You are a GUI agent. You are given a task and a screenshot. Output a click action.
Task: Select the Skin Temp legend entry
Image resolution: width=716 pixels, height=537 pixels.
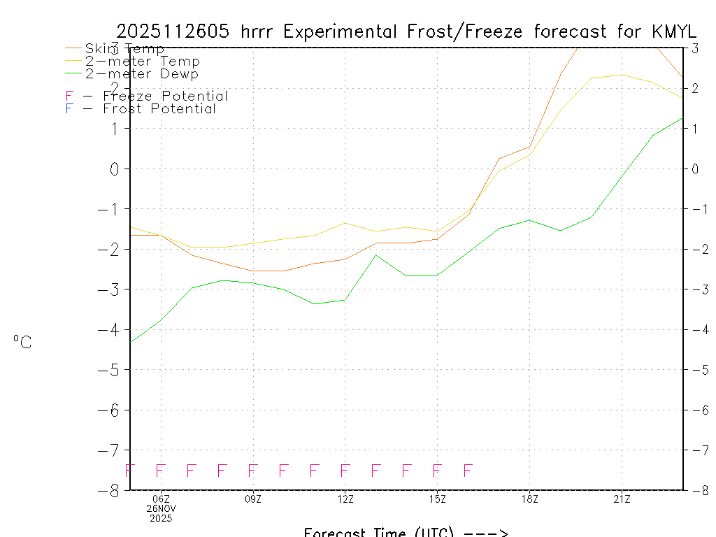tap(124, 49)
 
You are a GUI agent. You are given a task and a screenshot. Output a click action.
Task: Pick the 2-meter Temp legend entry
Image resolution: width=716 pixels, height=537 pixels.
tap(142, 62)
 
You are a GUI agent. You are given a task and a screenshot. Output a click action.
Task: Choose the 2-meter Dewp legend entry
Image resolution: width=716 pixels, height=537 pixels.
tap(142, 74)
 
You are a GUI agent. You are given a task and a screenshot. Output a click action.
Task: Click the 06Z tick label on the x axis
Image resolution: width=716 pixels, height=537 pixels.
tap(162, 499)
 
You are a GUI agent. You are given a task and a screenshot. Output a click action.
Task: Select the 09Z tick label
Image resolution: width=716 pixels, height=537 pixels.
tap(253, 499)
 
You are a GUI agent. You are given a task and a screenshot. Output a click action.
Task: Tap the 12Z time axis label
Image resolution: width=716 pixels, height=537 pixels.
tap(345, 499)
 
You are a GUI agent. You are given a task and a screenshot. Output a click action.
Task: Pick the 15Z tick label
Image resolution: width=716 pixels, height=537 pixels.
tap(437, 499)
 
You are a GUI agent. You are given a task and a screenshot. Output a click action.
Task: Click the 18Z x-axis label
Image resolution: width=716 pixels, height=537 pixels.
tap(529, 499)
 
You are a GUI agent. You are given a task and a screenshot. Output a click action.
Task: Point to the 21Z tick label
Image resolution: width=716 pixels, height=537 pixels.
tap(622, 499)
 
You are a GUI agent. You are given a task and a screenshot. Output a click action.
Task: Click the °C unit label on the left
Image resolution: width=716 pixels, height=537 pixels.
tap(22, 342)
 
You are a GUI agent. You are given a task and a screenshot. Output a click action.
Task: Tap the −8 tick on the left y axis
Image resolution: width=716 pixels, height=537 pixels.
tap(113, 490)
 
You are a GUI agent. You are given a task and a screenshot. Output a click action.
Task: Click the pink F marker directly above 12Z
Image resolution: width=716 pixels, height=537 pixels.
tap(345, 470)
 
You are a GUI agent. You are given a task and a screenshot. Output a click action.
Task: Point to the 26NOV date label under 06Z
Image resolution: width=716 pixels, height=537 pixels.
tap(162, 508)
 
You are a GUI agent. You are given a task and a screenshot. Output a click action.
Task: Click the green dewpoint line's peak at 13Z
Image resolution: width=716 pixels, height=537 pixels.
tap(375, 255)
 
